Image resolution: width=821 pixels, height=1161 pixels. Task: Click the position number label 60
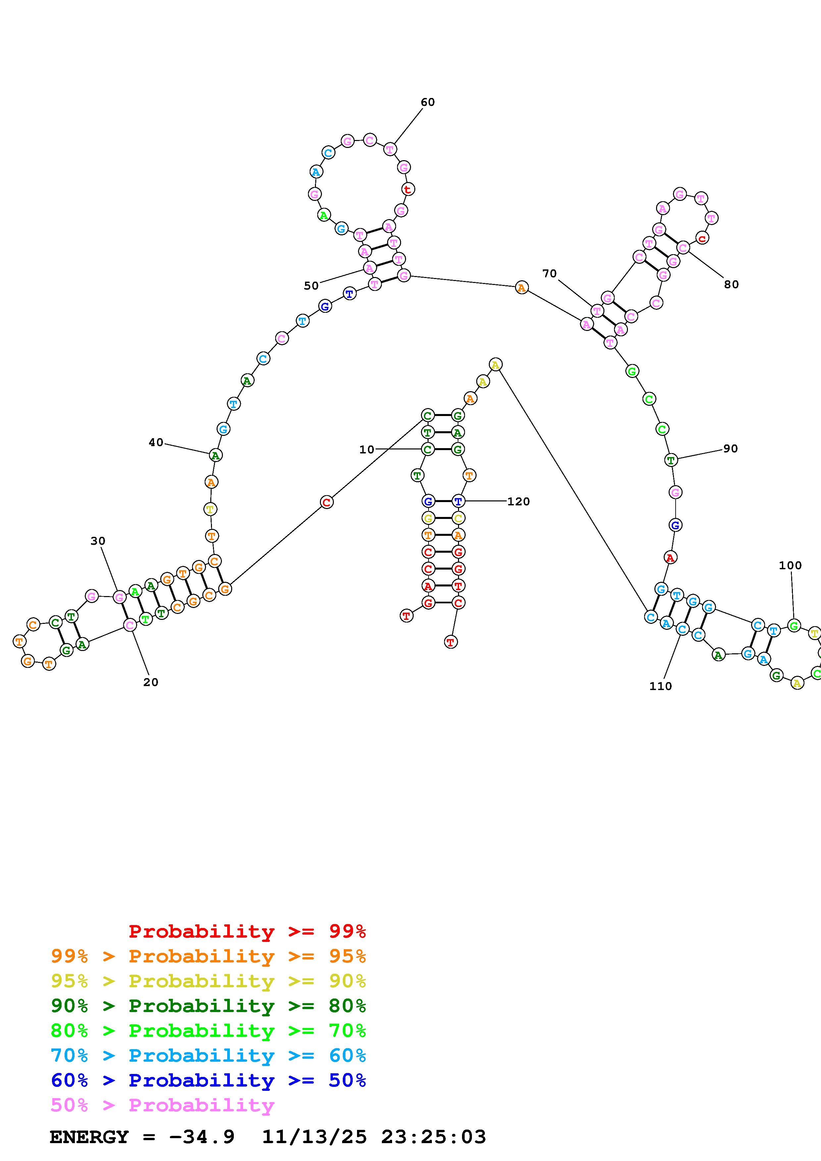(x=428, y=102)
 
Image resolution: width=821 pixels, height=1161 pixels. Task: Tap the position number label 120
(x=519, y=502)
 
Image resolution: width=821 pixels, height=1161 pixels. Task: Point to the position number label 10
(x=367, y=449)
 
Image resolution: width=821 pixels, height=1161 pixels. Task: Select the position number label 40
(x=156, y=442)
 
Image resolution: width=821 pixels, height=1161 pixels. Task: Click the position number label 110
(x=661, y=686)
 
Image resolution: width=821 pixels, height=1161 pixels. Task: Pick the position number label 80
(x=732, y=285)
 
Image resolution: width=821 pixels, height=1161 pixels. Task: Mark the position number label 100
(x=790, y=565)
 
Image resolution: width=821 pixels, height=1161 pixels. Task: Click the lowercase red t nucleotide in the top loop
(x=408, y=189)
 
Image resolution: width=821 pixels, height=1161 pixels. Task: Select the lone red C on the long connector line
(x=327, y=502)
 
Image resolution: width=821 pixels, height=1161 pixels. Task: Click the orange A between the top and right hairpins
(x=522, y=288)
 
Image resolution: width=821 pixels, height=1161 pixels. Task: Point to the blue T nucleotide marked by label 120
(x=458, y=501)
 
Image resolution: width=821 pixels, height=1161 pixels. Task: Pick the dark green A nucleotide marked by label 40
(x=216, y=455)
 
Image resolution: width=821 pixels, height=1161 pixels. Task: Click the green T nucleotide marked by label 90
(x=671, y=460)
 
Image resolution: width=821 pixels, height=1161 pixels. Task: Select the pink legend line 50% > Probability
(x=162, y=1105)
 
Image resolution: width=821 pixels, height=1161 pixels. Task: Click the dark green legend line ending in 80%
(x=208, y=1006)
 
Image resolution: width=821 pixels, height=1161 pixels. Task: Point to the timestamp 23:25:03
(x=434, y=1137)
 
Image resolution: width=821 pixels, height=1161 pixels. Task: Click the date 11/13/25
(x=314, y=1137)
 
